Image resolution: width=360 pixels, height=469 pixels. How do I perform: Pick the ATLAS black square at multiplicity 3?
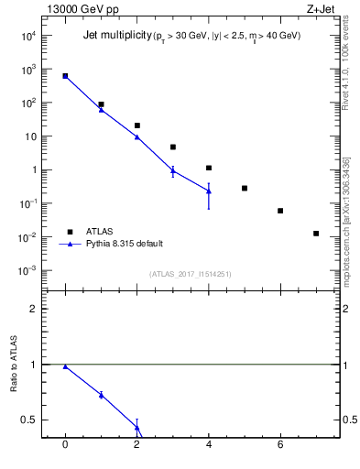click(172, 147)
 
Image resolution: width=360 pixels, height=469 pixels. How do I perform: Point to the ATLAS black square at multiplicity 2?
click(136, 125)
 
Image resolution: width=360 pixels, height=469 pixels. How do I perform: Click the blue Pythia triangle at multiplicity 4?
click(209, 191)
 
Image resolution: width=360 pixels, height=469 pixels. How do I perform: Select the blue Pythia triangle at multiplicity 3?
click(172, 170)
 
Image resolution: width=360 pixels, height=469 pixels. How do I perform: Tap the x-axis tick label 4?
click(209, 444)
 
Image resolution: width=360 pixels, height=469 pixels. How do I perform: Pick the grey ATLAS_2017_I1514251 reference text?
click(191, 274)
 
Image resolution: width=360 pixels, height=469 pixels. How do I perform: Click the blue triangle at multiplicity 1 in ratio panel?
click(101, 395)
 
